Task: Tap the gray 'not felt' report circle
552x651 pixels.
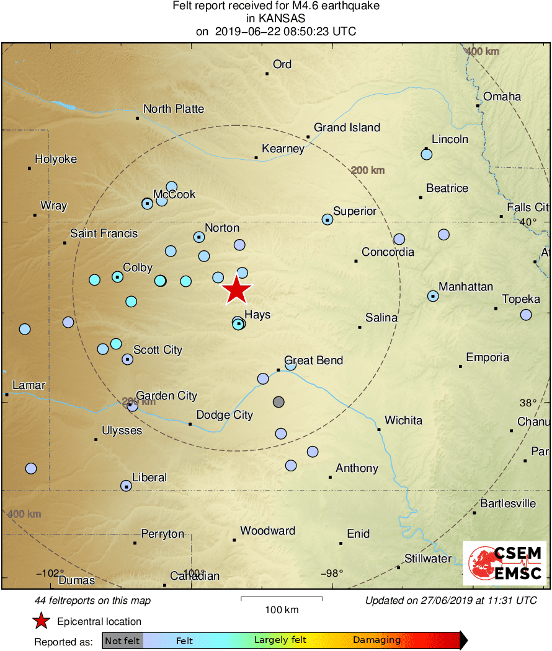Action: point(278,401)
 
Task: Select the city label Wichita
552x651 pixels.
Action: point(403,421)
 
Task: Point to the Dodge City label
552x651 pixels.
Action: point(225,415)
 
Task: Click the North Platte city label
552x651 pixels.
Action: point(174,109)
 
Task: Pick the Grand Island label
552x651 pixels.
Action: point(347,128)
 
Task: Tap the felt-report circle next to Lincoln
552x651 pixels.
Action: point(426,154)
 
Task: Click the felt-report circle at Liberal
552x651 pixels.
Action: point(126,486)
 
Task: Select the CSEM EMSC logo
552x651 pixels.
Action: point(504,562)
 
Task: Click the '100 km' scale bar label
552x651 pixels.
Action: point(282,609)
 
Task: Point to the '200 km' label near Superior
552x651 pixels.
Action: point(368,170)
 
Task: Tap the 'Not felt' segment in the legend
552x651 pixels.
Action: point(122,640)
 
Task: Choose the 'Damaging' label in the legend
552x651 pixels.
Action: point(376,640)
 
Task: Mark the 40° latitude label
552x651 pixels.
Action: point(528,222)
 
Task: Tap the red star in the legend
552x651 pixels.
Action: point(42,621)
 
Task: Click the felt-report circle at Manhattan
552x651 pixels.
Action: point(433,296)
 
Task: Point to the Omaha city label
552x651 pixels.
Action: point(502,97)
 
